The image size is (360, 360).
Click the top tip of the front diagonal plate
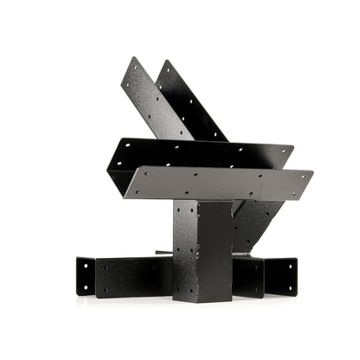coord(132,60)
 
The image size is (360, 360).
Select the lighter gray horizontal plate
coord(216,183)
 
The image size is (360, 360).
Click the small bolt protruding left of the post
coord(163,254)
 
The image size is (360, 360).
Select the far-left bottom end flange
coord(85,275)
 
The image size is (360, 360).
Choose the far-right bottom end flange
coord(281,276)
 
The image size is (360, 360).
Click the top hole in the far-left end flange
coord(87,265)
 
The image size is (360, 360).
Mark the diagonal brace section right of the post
coord(250,221)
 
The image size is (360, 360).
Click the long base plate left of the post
coord(134,278)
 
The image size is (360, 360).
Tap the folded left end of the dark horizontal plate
coord(117,164)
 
